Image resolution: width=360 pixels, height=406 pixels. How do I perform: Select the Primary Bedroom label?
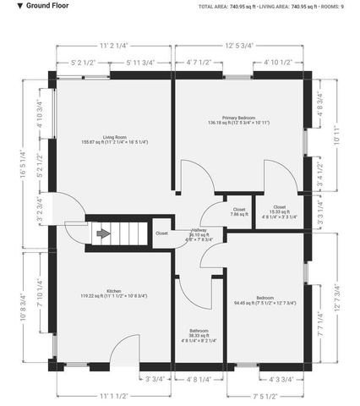[x=239, y=119]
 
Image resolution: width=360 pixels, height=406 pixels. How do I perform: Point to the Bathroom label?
[x=199, y=334]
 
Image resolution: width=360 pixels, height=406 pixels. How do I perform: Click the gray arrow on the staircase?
[x=104, y=234]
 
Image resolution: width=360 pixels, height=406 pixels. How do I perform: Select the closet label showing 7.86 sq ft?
[x=238, y=211]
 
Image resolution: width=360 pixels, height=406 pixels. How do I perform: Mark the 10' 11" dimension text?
[x=336, y=134]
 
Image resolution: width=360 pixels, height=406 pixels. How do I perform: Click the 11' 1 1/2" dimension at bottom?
[x=112, y=396]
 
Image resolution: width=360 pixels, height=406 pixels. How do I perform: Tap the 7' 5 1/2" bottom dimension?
[x=265, y=396]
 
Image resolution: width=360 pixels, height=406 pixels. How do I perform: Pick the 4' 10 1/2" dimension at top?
[x=278, y=63]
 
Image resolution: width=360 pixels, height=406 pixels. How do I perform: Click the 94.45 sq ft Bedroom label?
[x=265, y=300]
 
